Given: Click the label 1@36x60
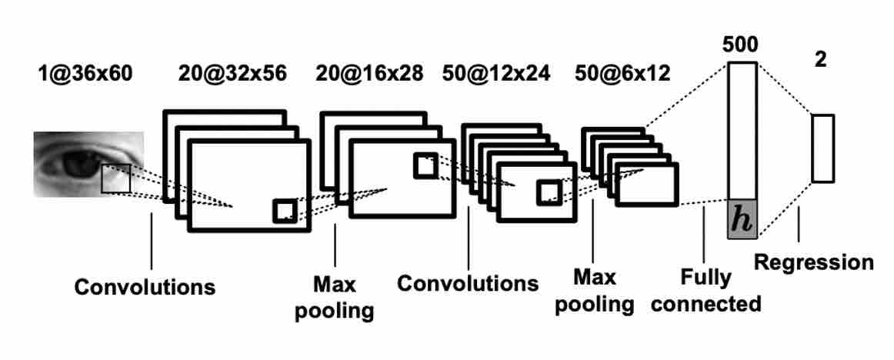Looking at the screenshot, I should tap(85, 74).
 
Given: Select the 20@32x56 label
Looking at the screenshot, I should tap(232, 74).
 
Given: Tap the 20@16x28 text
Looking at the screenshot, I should tap(369, 74).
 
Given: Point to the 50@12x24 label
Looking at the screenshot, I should tap(496, 74).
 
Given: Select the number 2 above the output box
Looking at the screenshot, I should tap(821, 60).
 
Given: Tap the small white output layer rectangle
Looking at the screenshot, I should tap(822, 148).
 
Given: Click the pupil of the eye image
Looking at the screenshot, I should tap(78, 163).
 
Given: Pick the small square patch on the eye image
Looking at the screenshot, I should tap(116, 178).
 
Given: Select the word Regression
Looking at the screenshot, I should tap(813, 262).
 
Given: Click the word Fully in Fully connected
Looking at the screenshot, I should tap(705, 276).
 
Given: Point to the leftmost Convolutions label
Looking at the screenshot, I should tap(145, 288).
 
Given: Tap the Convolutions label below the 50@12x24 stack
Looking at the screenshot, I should tap(468, 283).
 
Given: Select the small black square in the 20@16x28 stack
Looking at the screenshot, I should tap(425, 165).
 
